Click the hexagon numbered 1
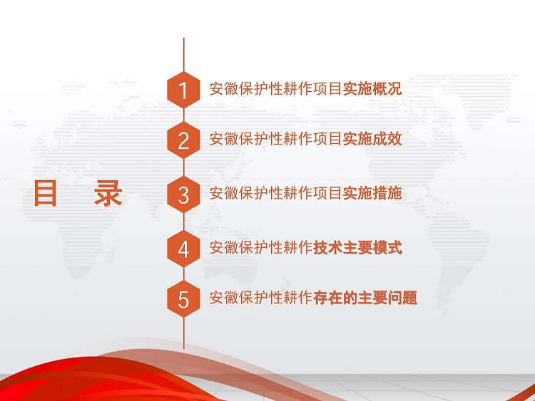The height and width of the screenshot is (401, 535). (x=183, y=90)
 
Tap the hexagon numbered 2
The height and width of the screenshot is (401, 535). (x=183, y=140)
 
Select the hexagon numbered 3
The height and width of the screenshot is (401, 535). (x=183, y=194)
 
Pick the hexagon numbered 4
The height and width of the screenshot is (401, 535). (x=183, y=249)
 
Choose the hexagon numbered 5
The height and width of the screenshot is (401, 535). (x=183, y=298)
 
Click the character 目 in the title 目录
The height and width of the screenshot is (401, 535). (x=45, y=193)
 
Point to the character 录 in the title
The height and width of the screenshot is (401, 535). (x=108, y=193)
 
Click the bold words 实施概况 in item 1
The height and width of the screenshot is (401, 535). (x=372, y=88)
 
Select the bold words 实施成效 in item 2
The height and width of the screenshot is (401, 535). (x=372, y=139)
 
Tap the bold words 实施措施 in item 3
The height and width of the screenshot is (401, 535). (x=372, y=193)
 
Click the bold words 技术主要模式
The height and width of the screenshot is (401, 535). (x=357, y=247)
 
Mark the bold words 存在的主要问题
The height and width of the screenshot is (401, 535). (x=365, y=298)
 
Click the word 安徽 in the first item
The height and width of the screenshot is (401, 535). (x=224, y=88)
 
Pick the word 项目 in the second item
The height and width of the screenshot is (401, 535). (x=328, y=139)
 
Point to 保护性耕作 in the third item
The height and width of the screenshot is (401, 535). (x=276, y=193)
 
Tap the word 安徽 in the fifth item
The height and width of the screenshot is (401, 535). (x=224, y=298)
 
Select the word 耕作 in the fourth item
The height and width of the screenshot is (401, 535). (x=298, y=247)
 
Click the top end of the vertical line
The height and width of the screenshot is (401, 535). (x=183, y=38)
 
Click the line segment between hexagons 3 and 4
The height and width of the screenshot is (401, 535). (x=183, y=222)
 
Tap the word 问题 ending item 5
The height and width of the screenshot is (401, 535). (x=402, y=298)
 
